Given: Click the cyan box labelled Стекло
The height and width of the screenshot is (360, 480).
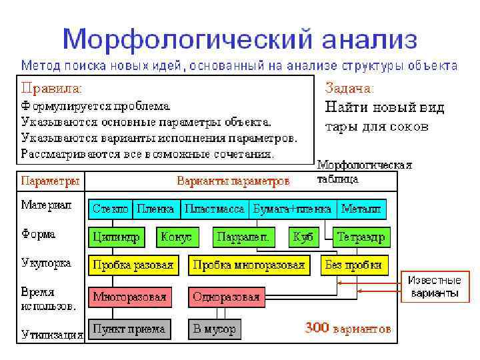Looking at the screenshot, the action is [111, 209].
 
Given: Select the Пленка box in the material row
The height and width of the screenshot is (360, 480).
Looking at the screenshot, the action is [155, 209].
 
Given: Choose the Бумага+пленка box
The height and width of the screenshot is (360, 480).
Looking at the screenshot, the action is [293, 209].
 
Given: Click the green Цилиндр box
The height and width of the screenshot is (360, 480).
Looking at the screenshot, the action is [116, 237].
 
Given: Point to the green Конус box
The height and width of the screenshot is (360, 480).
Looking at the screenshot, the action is [176, 237].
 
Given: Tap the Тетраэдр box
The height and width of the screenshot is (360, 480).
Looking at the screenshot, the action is [361, 237].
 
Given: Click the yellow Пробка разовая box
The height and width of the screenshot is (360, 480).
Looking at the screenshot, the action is [133, 265].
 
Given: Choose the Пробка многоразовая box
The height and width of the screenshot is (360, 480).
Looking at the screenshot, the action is [248, 265].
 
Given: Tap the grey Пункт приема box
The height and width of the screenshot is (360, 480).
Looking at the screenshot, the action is [129, 329].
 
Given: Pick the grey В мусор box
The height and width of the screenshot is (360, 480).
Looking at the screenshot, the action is [213, 329].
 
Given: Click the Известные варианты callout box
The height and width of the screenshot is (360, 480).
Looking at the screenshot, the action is [435, 287].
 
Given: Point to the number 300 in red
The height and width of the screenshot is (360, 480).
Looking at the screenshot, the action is [317, 328].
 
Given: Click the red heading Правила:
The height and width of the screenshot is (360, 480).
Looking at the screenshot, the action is [52, 87].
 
